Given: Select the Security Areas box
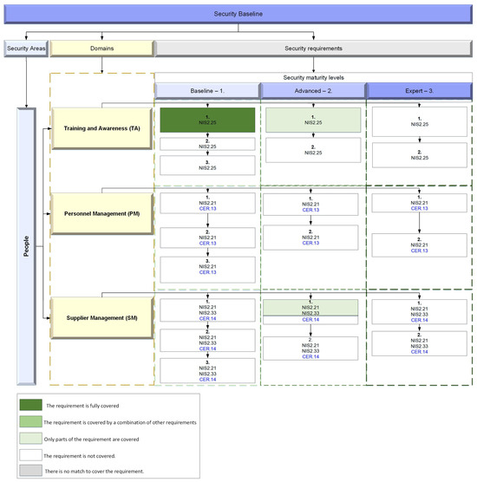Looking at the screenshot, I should pyautogui.click(x=25, y=50).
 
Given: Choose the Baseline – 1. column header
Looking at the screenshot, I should pyautogui.click(x=207, y=90).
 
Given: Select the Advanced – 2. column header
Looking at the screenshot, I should pyautogui.click(x=313, y=90).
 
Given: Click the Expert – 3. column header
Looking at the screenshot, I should pyautogui.click(x=419, y=90).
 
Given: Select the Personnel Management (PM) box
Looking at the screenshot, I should pyautogui.click(x=101, y=213).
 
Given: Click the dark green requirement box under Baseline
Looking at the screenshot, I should pyautogui.click(x=207, y=120).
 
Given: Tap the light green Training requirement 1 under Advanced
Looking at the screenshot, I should pyautogui.click(x=313, y=120).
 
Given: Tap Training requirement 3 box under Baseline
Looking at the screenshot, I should pyautogui.click(x=207, y=165).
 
